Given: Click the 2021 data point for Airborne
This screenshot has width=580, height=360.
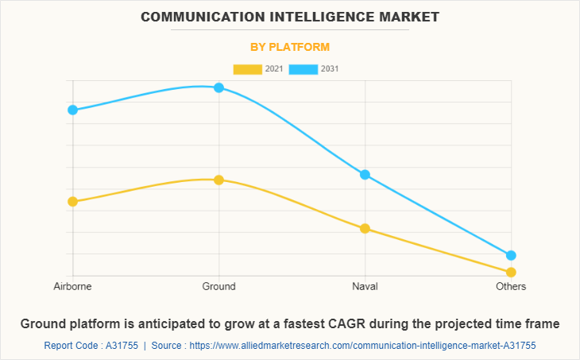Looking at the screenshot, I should click(x=72, y=202).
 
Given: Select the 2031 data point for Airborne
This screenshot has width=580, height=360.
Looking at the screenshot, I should click(x=72, y=110).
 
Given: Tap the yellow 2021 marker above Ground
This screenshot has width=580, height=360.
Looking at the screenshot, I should click(x=218, y=180).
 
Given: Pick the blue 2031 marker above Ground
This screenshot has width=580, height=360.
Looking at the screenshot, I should click(x=218, y=87).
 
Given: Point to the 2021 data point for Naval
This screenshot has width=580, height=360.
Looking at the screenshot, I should click(x=365, y=229).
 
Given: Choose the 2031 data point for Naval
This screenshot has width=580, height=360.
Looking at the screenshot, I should click(x=365, y=175).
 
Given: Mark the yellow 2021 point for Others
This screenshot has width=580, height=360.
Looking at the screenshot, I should click(x=511, y=273).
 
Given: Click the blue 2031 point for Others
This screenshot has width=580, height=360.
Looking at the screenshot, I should click(x=511, y=255).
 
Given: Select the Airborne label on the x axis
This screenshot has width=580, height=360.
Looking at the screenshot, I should click(x=72, y=287).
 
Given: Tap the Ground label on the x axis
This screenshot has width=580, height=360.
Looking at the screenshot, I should click(x=218, y=287).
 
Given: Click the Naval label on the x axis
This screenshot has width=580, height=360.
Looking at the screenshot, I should click(x=365, y=287).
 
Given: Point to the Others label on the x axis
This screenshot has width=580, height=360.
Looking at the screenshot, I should click(x=511, y=287).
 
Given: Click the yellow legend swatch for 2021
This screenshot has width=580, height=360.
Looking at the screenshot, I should click(x=247, y=69).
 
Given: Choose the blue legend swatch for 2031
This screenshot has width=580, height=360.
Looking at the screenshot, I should click(x=303, y=69).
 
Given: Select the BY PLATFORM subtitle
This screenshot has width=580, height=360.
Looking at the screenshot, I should click(x=290, y=47).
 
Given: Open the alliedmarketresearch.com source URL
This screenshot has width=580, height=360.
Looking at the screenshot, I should click(x=362, y=346).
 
